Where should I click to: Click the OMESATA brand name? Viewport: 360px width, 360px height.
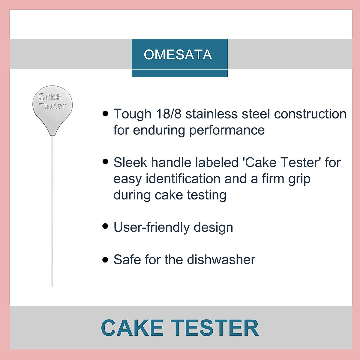pos(178,55)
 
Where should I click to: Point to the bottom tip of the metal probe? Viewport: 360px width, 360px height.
pos(52,285)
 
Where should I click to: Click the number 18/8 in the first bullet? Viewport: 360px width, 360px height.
pos(169,114)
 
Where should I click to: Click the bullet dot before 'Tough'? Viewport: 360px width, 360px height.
pos(105,113)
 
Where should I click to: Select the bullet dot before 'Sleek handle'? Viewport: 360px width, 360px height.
pos(105,162)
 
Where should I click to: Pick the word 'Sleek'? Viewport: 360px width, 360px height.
pos(130,163)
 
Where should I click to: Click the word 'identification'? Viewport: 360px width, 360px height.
pos(183,179)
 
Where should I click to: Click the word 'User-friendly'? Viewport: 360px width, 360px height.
pos(151,227)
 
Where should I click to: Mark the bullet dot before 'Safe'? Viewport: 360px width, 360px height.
pos(105,259)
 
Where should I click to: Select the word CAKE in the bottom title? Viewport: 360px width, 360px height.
pos(132,328)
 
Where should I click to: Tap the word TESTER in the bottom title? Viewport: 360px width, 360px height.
pos(215,328)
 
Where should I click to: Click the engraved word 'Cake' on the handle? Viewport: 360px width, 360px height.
pos(50,97)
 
